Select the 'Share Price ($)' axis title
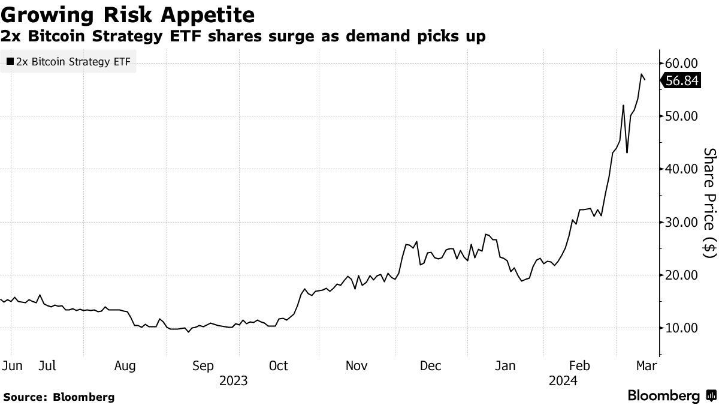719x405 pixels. pyautogui.click(x=709, y=203)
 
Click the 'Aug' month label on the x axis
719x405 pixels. pyautogui.click(x=125, y=365)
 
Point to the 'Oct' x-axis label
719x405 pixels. pyautogui.click(x=279, y=365)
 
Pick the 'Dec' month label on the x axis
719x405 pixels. pyautogui.click(x=431, y=365)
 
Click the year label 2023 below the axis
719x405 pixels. pyautogui.click(x=233, y=380)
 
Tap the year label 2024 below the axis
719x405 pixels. pyautogui.click(x=563, y=380)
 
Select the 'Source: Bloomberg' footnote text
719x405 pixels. pyautogui.click(x=59, y=397)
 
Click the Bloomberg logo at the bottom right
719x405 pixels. pyautogui.click(x=670, y=396)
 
